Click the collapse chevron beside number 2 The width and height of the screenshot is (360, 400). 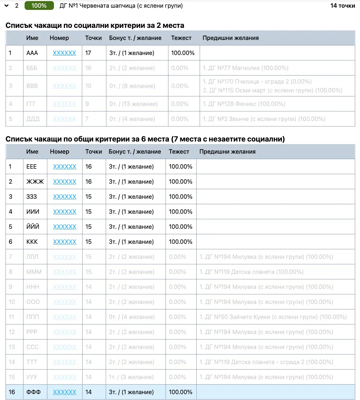6,6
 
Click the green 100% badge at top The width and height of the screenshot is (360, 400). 39,6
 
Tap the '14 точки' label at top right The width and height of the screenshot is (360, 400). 342,6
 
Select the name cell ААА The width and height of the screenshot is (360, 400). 32,53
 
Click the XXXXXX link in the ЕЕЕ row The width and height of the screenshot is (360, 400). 65,166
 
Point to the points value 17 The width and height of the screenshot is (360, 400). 88,53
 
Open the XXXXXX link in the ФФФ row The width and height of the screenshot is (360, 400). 65,392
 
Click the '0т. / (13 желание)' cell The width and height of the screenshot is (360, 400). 134,104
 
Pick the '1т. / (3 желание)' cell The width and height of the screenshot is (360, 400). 132,377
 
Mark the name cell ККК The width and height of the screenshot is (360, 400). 32,242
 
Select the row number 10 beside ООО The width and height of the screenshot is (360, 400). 12,302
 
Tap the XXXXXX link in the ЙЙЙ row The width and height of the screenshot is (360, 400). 65,227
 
